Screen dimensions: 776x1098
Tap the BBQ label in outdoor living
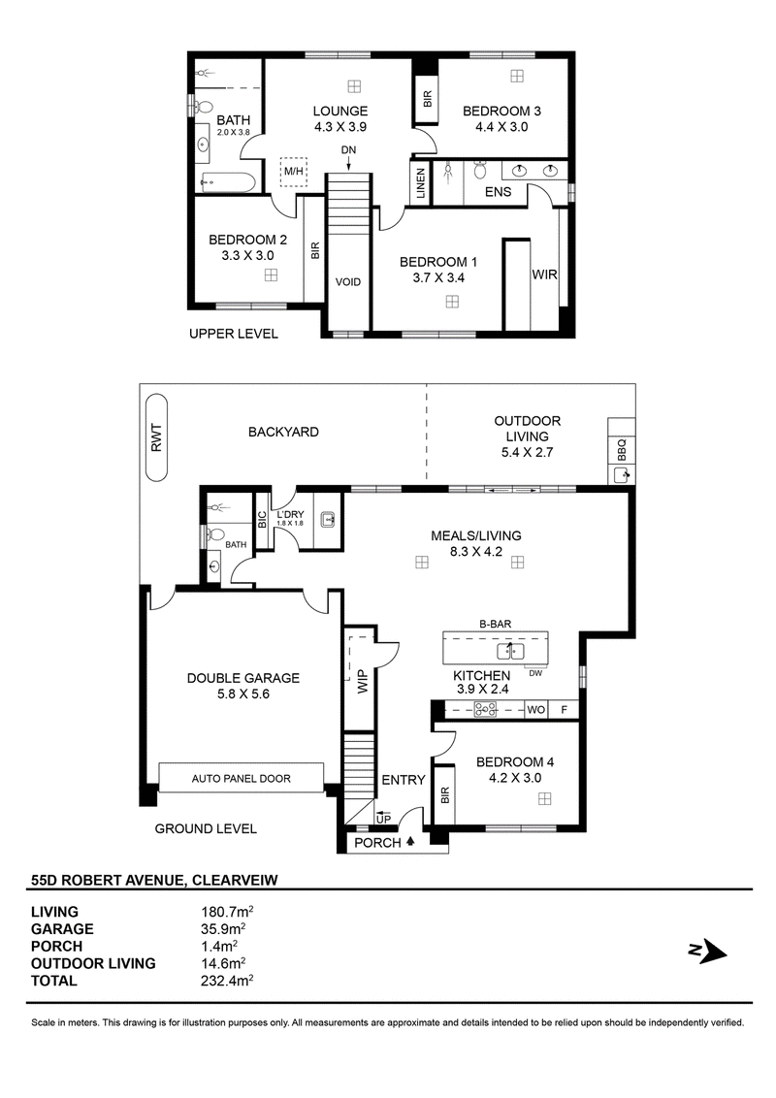tap(621, 449)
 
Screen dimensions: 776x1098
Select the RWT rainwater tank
tap(156, 437)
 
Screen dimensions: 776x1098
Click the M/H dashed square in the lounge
tap(293, 170)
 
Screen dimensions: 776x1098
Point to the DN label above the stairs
tap(349, 149)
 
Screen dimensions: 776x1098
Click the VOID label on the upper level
tap(348, 282)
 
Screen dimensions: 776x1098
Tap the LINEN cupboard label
tap(421, 183)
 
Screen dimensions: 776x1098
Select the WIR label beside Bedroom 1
tap(544, 274)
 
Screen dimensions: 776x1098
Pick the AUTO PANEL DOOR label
tap(241, 778)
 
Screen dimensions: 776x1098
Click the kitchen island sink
tap(511, 652)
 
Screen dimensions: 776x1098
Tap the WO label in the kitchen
tap(535, 709)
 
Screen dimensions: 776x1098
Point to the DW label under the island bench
tap(535, 673)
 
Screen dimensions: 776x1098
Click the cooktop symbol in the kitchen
tap(485, 709)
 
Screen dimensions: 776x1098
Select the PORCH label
tap(377, 842)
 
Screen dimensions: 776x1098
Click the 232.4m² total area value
tap(227, 981)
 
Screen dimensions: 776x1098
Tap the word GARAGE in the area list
tap(62, 929)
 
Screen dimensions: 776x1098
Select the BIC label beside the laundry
tap(262, 519)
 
